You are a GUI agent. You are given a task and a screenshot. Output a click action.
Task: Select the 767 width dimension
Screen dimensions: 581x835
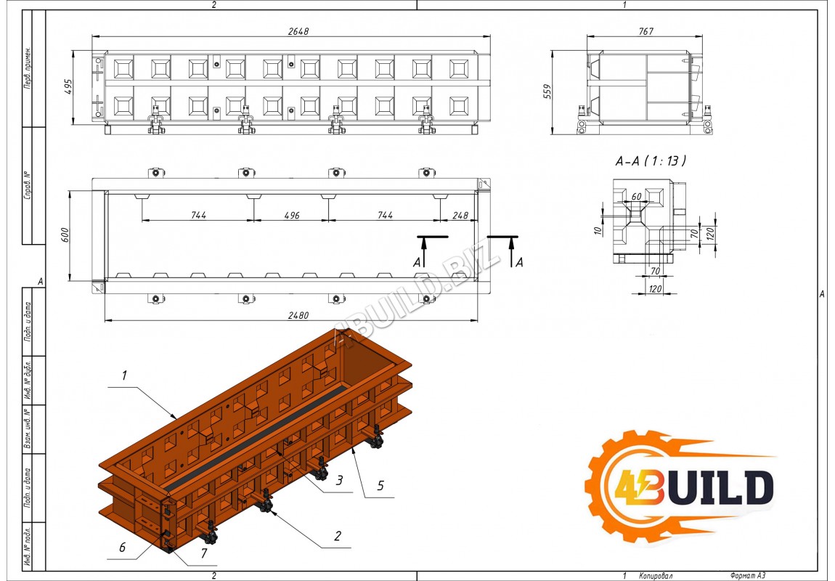tap(645, 31)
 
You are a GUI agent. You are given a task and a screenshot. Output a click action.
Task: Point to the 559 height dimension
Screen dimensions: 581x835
tap(548, 92)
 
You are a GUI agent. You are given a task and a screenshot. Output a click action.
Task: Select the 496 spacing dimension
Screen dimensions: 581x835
tap(290, 215)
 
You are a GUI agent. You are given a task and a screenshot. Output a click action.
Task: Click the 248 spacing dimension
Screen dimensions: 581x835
tap(460, 215)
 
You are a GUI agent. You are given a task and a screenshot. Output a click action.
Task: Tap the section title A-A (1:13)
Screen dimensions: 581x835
tap(651, 161)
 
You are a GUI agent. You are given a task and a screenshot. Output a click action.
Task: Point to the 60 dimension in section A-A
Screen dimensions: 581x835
tap(637, 197)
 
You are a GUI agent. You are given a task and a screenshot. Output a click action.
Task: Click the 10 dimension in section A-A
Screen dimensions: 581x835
tap(597, 230)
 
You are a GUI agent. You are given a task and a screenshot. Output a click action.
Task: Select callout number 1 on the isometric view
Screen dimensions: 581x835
tap(124, 375)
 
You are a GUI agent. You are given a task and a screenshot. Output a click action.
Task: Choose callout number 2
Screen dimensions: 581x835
tap(337, 537)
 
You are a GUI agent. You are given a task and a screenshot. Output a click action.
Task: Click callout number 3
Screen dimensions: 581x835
tap(338, 480)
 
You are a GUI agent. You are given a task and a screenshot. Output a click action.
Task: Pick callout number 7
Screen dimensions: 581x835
tap(203, 553)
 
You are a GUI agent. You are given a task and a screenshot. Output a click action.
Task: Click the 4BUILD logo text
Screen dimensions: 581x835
tap(693, 487)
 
